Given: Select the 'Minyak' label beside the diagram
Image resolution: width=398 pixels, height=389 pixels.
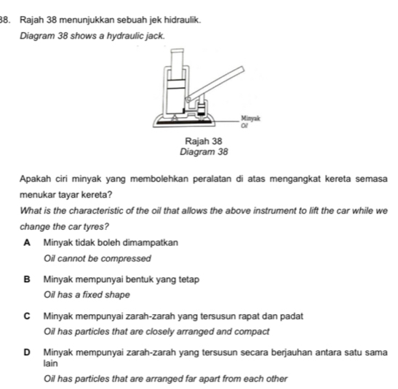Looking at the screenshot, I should click(250, 116).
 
